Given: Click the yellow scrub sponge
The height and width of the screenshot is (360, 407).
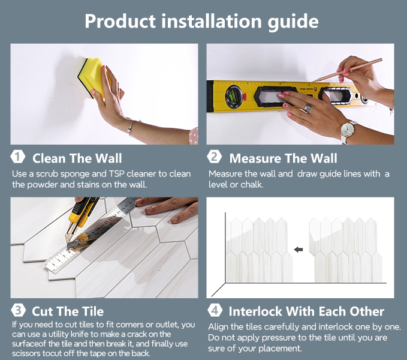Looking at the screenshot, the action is tap(92, 77).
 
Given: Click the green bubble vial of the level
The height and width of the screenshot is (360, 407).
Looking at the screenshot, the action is tap(233, 96).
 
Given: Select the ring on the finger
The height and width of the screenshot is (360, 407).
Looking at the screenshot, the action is tap(307, 108).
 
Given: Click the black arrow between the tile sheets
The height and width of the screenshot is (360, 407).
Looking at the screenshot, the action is tap(299, 250).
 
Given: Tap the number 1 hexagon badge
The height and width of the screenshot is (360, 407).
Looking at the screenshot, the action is tap(17, 157).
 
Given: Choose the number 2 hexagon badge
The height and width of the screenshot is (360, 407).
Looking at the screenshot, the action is tap(215, 157).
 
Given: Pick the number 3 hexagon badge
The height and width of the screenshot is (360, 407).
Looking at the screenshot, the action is tap(18, 310).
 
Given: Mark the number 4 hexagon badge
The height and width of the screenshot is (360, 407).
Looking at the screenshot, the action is tap(215, 310).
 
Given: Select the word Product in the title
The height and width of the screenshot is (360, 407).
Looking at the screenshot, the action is tap(120, 21).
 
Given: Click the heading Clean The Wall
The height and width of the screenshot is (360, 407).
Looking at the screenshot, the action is tap(77, 158).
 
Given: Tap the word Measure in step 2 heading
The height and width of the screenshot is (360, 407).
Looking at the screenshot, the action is tap(255, 158).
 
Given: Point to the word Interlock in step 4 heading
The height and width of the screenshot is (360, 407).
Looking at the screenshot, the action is tap(255, 311).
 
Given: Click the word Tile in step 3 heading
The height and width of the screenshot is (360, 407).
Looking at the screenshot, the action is tap(93, 311).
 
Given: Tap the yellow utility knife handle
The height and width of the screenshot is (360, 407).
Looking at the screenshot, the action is tap(83, 211).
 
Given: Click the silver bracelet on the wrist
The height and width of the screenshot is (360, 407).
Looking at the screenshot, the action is tap(131, 127).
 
